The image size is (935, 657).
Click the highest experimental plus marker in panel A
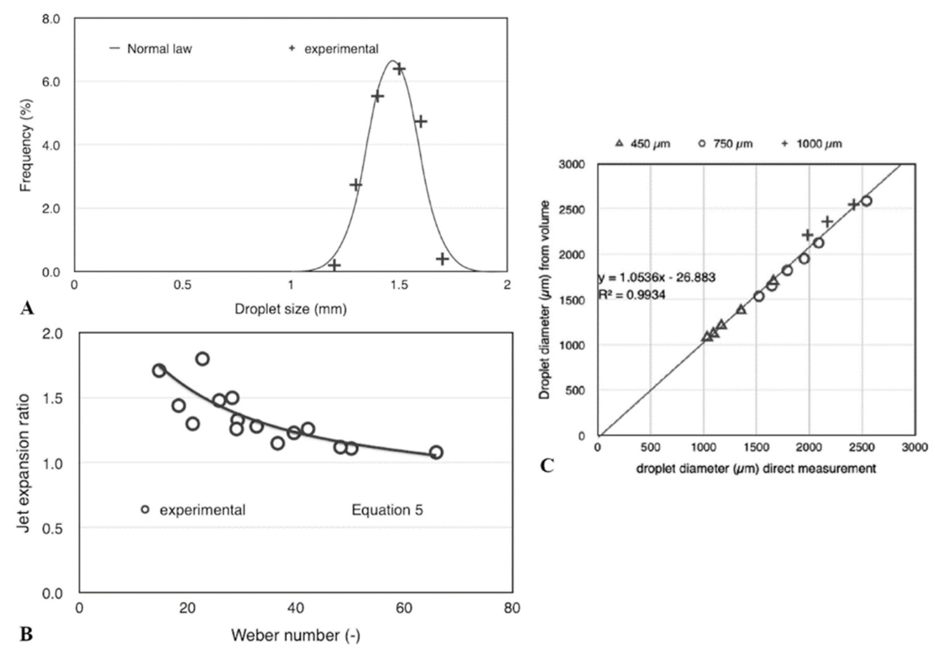399,69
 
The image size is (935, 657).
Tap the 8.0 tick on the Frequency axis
51,19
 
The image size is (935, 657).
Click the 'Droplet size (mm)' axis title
290,309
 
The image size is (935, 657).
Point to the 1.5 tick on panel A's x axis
399,285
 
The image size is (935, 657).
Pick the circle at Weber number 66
436,453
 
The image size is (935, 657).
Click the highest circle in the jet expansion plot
203,359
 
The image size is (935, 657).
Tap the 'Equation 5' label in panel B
387,510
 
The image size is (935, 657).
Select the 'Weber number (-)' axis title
296,635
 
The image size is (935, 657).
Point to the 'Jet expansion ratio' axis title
24,463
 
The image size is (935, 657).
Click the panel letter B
26,634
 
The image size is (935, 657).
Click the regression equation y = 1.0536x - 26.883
657,278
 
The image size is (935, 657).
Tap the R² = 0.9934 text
632,295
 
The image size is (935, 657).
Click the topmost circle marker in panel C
866,201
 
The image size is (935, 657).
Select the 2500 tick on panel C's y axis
572,209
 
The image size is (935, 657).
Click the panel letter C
547,465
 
